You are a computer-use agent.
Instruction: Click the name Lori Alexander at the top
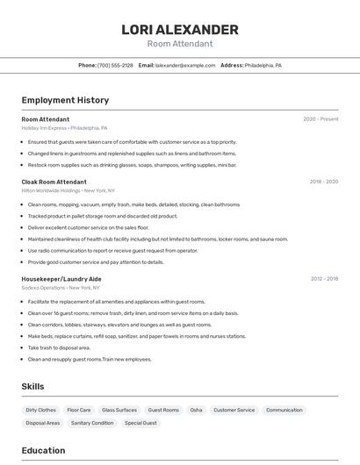point(180,30)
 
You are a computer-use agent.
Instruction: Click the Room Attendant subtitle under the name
point(180,44)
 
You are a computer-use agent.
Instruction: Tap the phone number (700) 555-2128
point(115,65)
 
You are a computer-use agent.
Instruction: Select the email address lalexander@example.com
point(185,65)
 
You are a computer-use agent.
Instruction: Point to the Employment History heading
point(65,100)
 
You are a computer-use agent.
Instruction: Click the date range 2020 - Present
point(320,119)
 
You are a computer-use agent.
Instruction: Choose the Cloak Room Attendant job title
point(54,182)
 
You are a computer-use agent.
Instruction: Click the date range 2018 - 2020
point(323,182)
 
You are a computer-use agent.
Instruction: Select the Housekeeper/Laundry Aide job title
point(61,279)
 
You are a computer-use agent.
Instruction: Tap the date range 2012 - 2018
point(324,279)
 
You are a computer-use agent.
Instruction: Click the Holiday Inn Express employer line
point(65,127)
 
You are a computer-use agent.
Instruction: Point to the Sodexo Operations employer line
point(61,287)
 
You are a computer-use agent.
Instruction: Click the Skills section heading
point(32,386)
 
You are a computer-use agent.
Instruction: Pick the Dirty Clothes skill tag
point(40,410)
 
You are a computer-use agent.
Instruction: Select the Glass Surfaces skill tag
point(119,410)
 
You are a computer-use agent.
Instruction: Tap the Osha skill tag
point(196,410)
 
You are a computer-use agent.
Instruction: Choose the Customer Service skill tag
point(234,410)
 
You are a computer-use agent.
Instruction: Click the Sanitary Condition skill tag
point(92,423)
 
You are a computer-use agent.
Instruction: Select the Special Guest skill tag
point(140,423)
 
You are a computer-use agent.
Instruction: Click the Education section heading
point(43,451)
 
